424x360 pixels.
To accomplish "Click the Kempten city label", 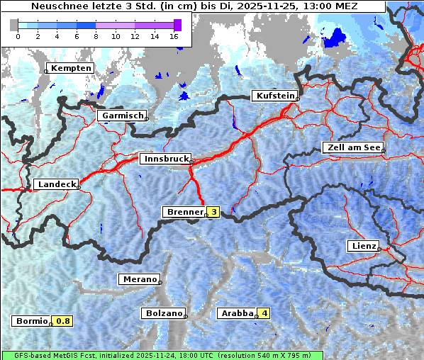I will point(69,68).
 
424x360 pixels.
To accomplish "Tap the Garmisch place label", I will point(122,116).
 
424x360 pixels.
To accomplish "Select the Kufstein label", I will point(274,96).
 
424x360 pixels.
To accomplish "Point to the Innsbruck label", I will point(164,159).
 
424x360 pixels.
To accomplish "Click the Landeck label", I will point(56,184).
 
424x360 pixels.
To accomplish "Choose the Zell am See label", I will point(352,147).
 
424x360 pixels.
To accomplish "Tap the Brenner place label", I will point(184,212).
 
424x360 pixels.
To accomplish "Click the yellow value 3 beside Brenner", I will point(213,212).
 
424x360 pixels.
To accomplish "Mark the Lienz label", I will point(363,246).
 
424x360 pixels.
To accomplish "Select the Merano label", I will point(138,279).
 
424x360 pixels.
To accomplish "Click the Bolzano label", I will point(163,313).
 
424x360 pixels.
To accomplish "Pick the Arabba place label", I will point(237,313).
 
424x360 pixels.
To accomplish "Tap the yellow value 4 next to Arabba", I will point(264,313).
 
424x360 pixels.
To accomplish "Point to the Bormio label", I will point(32,321).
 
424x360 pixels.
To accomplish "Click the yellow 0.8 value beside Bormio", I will point(63,321).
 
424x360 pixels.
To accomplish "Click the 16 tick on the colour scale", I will point(174,35).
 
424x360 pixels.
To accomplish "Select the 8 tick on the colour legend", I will point(96,35).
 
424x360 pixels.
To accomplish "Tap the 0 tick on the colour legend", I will point(18,35).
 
